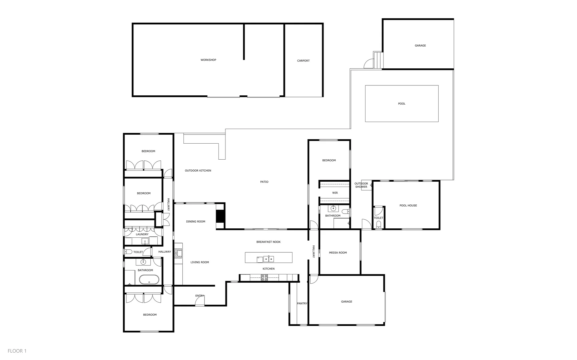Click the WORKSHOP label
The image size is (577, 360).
click(x=208, y=60)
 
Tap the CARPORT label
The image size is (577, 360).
click(x=303, y=61)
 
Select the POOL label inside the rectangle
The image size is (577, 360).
click(x=402, y=104)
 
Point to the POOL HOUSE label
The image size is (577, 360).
click(x=408, y=205)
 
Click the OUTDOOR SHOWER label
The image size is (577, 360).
click(x=361, y=185)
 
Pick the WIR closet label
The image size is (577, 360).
click(x=335, y=193)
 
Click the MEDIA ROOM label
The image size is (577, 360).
click(x=338, y=253)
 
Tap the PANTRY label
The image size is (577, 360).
click(x=302, y=303)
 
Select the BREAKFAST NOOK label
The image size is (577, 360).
click(x=268, y=242)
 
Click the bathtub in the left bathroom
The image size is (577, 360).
click(x=149, y=279)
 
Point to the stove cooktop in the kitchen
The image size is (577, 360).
click(x=264, y=277)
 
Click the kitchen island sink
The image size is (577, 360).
click(x=269, y=259)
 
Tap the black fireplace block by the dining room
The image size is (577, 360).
click(x=220, y=213)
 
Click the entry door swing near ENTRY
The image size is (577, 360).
click(x=200, y=301)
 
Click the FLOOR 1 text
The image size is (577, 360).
click(x=17, y=351)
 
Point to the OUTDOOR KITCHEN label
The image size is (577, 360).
click(x=198, y=171)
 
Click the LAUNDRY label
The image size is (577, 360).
click(x=142, y=234)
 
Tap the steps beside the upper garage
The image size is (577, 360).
click(x=378, y=60)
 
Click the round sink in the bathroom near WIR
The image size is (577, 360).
click(x=333, y=209)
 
